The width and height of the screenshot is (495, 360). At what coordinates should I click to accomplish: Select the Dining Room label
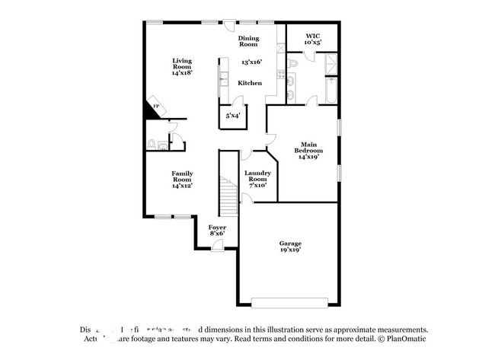click(x=249, y=41)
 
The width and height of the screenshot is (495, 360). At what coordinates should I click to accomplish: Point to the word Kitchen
click(x=250, y=83)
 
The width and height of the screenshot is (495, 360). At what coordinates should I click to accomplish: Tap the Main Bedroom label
click(x=308, y=151)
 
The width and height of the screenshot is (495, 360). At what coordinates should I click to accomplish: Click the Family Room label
click(x=181, y=179)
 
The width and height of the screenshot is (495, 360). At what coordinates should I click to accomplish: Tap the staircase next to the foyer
click(x=229, y=196)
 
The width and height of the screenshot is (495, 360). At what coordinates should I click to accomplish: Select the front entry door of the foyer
click(x=219, y=245)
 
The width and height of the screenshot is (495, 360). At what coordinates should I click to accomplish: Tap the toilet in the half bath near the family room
click(x=152, y=142)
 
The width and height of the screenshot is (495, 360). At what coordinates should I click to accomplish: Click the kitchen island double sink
click(x=225, y=76)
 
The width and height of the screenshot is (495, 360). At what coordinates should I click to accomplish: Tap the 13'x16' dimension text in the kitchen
click(x=252, y=62)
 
